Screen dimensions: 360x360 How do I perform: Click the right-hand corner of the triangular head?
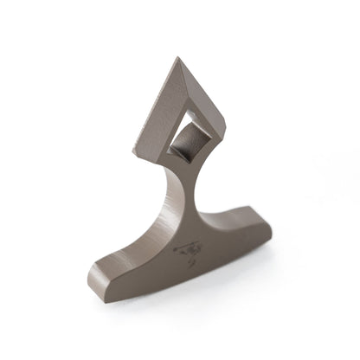pyautogui.click(x=222, y=130)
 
